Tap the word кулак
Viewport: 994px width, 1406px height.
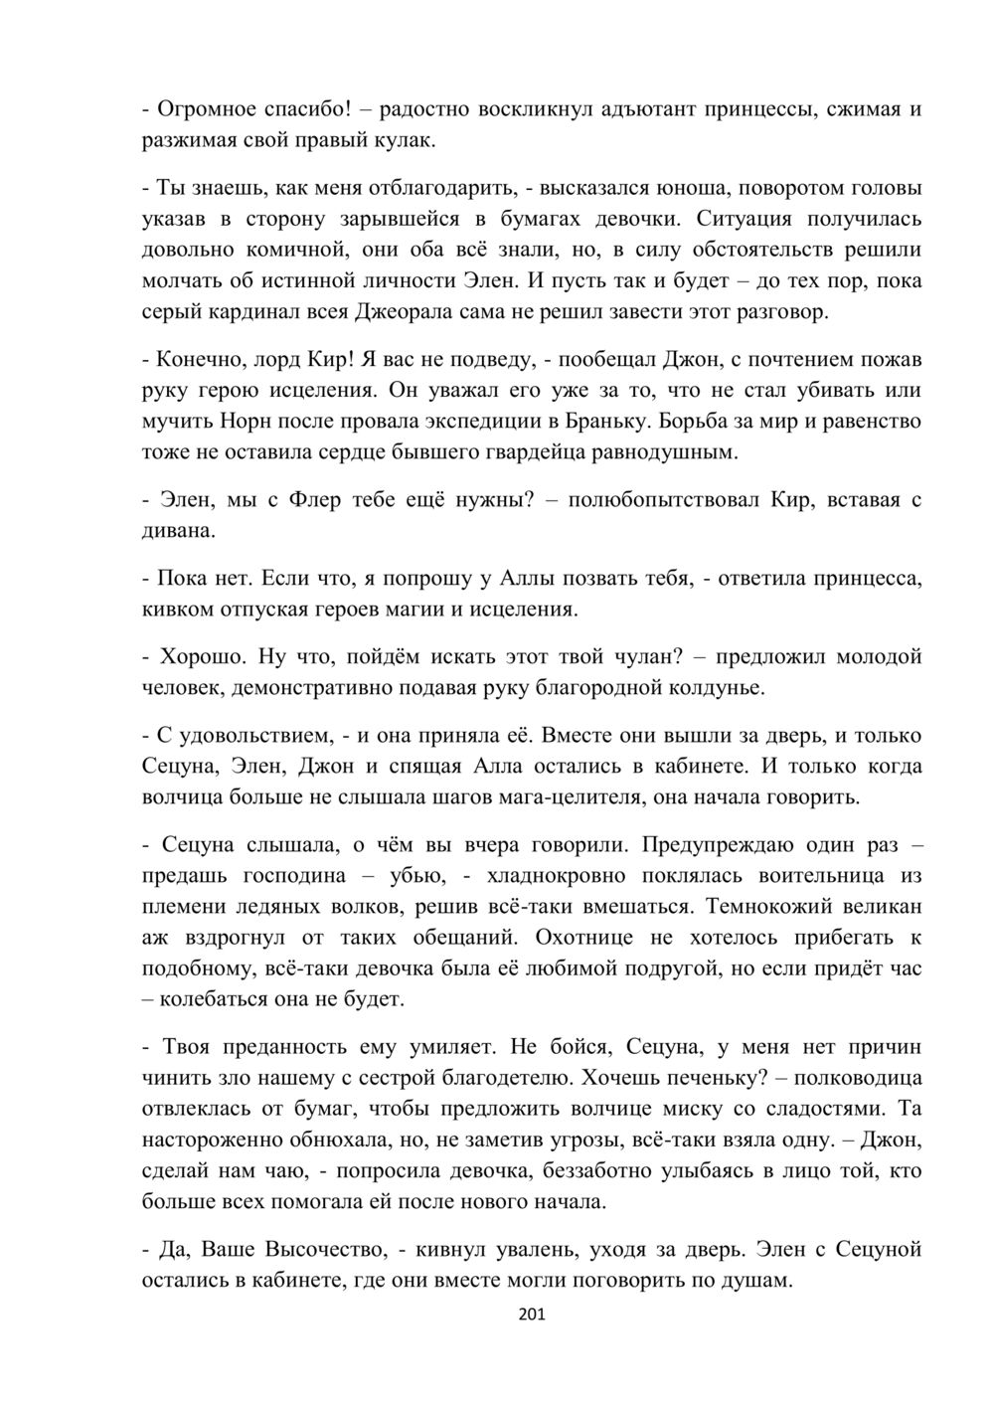pyautogui.click(x=406, y=140)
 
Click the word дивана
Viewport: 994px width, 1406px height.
pyautogui.click(x=177, y=531)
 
